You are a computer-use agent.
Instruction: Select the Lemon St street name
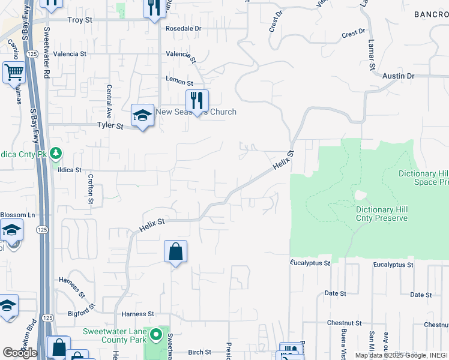click(x=179, y=83)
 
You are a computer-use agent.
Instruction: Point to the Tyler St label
click(x=110, y=127)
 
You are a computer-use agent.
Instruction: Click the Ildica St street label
click(x=70, y=170)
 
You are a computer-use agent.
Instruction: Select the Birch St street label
click(x=200, y=352)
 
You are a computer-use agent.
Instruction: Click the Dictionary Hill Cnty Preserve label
click(x=382, y=214)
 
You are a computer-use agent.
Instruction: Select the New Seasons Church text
click(x=196, y=112)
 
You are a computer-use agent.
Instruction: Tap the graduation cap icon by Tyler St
click(x=143, y=116)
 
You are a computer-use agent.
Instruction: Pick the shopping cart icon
click(x=14, y=73)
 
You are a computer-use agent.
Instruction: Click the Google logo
click(x=20, y=353)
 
